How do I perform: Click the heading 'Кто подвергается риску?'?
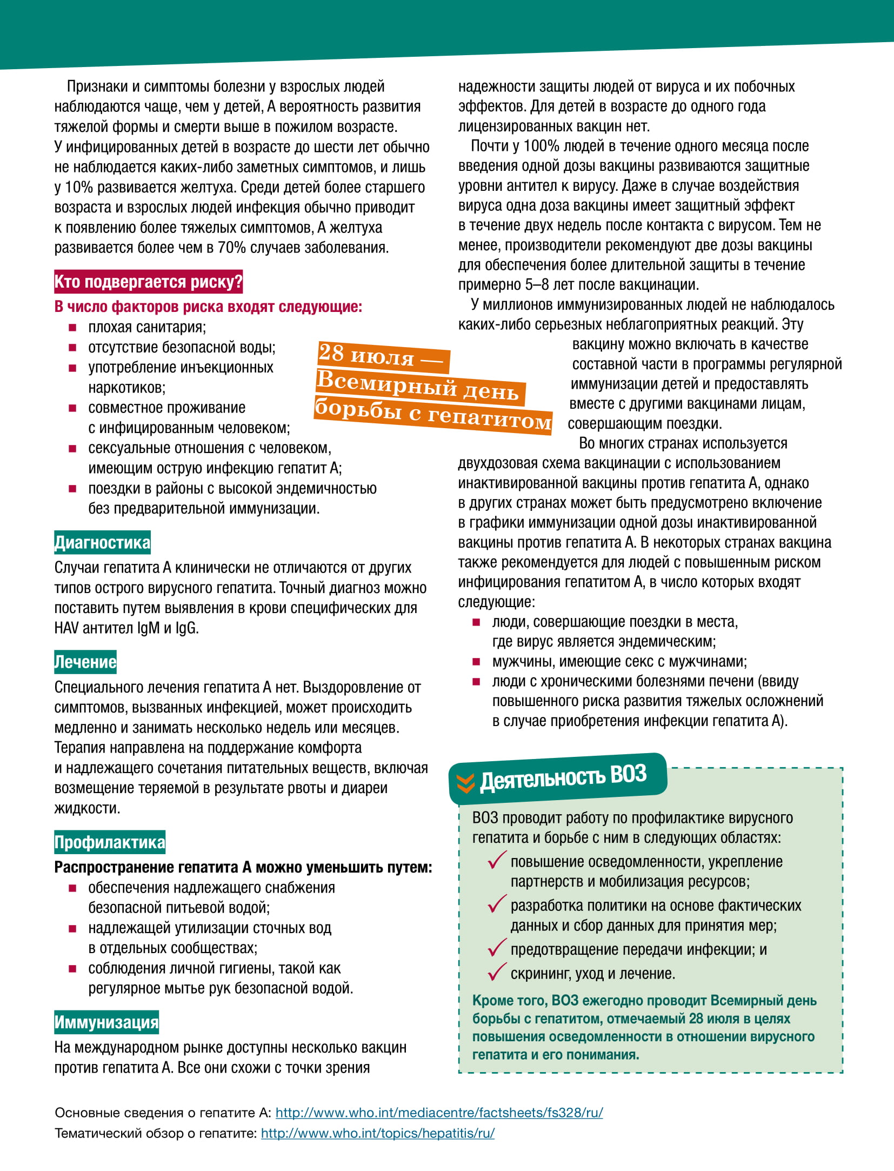(148, 282)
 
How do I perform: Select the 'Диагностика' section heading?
(102, 542)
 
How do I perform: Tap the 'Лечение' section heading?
(85, 662)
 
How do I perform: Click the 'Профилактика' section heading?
(110, 842)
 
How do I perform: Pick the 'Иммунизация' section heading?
(106, 1022)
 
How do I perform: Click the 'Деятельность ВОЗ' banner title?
(563, 777)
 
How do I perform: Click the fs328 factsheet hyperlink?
(439, 1113)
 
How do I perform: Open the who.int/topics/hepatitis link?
(377, 1133)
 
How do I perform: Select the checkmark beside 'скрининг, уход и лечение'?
(496, 972)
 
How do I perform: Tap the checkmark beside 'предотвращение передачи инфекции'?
(496, 947)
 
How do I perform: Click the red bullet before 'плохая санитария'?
(72, 328)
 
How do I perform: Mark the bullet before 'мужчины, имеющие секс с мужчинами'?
(476, 662)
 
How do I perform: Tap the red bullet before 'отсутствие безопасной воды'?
(72, 348)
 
